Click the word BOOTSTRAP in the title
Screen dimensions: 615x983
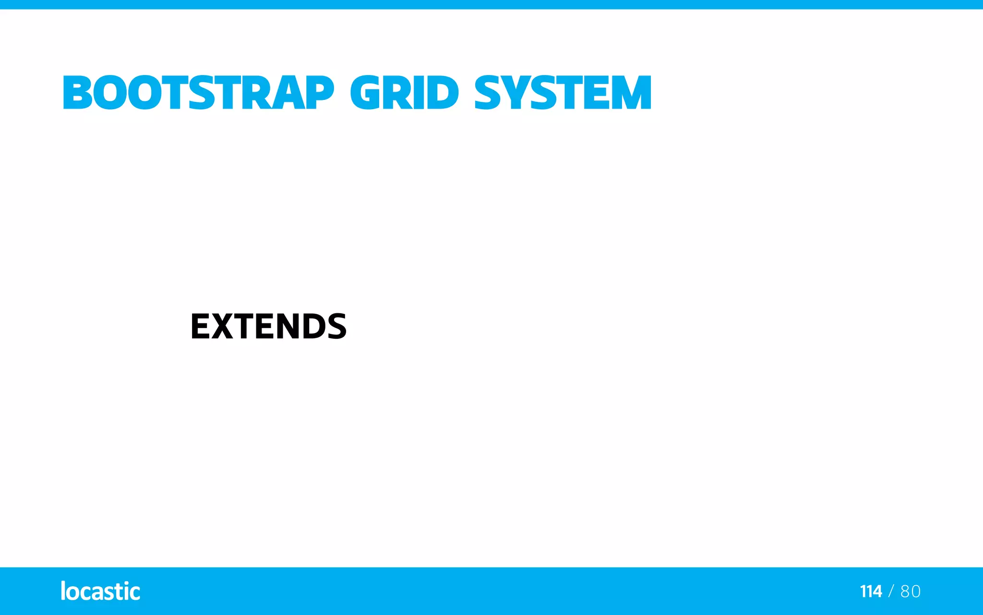click(x=198, y=93)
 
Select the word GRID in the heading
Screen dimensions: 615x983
click(x=404, y=93)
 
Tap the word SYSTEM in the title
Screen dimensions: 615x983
click(x=563, y=93)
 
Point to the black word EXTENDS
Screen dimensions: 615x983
click(x=268, y=327)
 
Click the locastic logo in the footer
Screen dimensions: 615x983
click(x=100, y=591)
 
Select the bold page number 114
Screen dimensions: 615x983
click(x=871, y=591)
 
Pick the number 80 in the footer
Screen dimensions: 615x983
click(x=911, y=591)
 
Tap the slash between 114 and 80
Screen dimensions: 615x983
click(x=891, y=591)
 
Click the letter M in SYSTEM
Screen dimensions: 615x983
click(x=630, y=93)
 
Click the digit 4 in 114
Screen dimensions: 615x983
click(x=877, y=591)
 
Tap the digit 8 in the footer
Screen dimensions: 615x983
click(x=905, y=591)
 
